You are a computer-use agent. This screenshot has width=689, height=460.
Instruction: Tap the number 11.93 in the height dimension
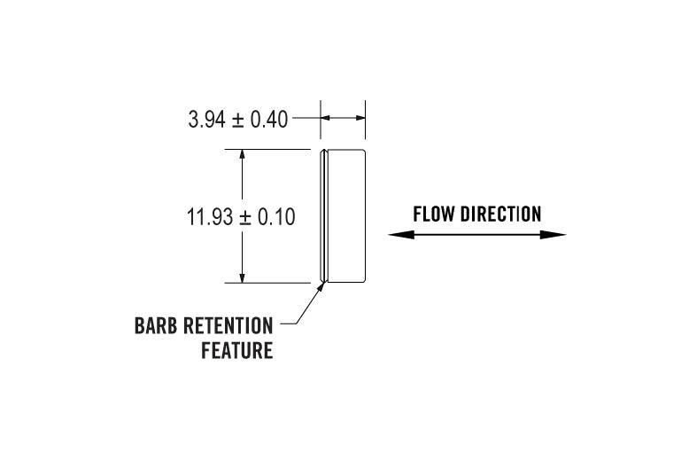[x=209, y=217]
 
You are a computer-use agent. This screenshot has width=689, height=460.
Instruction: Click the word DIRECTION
[x=500, y=214]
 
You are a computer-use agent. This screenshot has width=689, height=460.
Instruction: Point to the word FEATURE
[x=236, y=351]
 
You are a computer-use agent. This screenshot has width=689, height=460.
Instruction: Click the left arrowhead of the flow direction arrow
[x=395, y=235]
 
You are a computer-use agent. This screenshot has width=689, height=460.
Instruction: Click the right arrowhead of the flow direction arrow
[x=559, y=235]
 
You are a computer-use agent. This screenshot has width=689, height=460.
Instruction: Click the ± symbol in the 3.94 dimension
[x=237, y=120]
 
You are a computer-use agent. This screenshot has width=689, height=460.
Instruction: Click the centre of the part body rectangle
[x=345, y=216]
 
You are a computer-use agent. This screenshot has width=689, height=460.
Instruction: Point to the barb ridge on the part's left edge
[x=324, y=216]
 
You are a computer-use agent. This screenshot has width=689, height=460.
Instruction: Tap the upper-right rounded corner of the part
[x=363, y=152]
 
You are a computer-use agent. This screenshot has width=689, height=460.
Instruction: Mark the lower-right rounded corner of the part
[x=363, y=281]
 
